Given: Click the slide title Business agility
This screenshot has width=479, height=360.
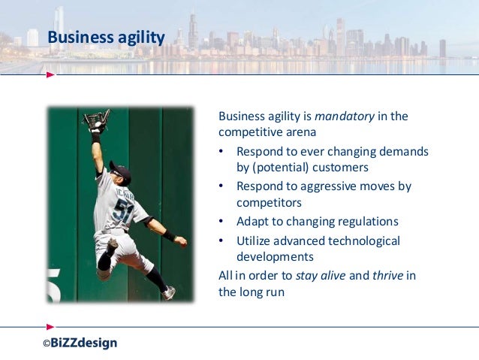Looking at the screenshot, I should pos(106,37).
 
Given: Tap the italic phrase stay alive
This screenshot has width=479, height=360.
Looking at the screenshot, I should pos(321,275).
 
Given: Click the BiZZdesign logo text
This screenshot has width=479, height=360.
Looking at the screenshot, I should pos(84,343).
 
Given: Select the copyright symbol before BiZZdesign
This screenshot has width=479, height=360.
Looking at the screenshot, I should pos(45,344).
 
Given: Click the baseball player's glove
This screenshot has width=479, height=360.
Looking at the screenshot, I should pos(96,120).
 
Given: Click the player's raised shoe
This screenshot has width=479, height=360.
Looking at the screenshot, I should pos(169,292).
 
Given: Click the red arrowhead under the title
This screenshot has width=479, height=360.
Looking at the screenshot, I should pos(50,75).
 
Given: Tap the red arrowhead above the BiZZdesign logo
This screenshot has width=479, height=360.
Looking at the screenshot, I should pos(50,327).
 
